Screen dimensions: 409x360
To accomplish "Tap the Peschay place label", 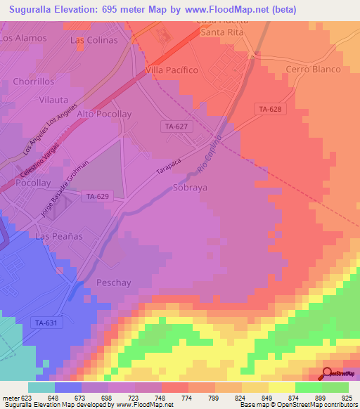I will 113,283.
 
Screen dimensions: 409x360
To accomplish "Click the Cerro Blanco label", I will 313,70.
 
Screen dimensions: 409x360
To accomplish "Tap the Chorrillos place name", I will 33,82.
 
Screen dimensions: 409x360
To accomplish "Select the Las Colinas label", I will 94,40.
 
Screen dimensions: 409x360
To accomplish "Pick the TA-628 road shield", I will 270,109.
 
